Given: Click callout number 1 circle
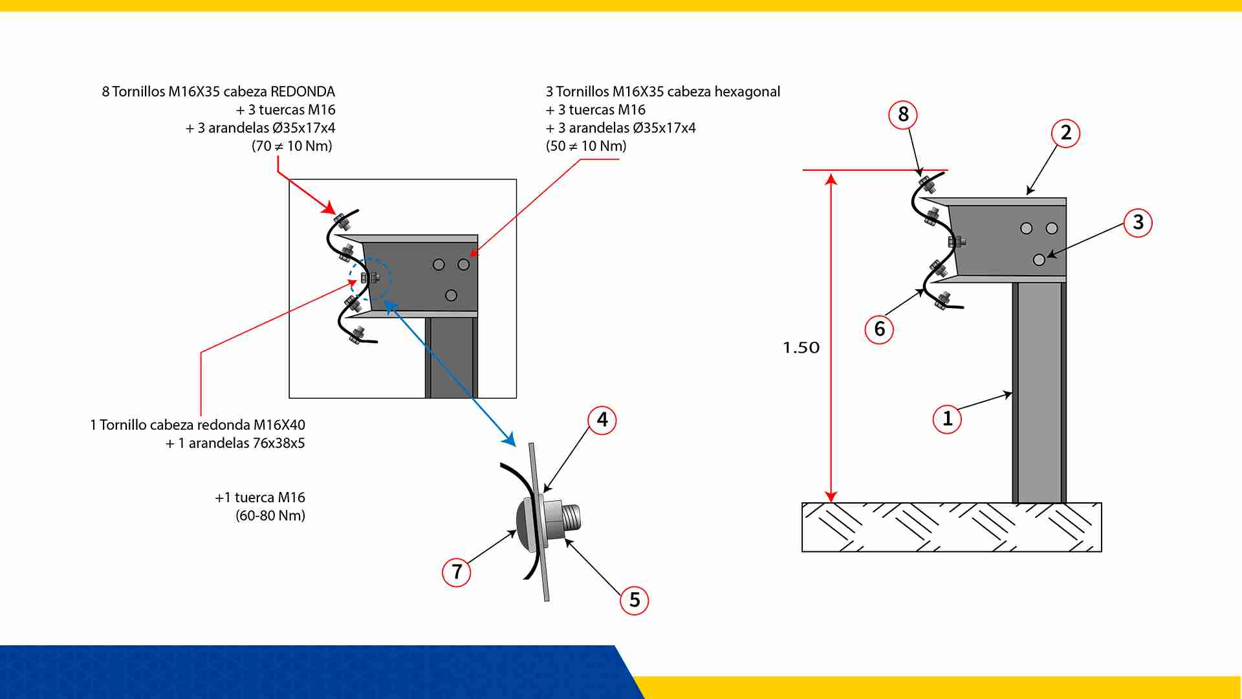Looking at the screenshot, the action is pos(947,419).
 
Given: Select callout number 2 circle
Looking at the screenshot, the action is pos(1066,133).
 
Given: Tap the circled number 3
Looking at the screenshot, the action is pos(1138,223).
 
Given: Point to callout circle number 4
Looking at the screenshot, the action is pos(602,420).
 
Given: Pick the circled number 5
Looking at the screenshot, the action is pos(635,600).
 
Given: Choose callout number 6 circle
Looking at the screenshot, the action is pos(879,329).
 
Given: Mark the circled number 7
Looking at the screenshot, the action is pos(457,572).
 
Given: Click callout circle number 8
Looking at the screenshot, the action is pos(903,115).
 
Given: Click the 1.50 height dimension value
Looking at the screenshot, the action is pos(801,348).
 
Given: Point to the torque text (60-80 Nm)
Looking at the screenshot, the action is pos(270,516).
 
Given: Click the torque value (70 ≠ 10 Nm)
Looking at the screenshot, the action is pos(292,146).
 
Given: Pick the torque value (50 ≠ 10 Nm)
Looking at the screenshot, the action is pos(586,146).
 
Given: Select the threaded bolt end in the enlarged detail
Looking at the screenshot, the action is pos(571,518).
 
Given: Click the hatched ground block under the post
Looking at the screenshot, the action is pos(952,527).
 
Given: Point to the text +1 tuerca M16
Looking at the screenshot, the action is pos(260,498).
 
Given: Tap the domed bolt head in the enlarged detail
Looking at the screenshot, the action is pos(524,523).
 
